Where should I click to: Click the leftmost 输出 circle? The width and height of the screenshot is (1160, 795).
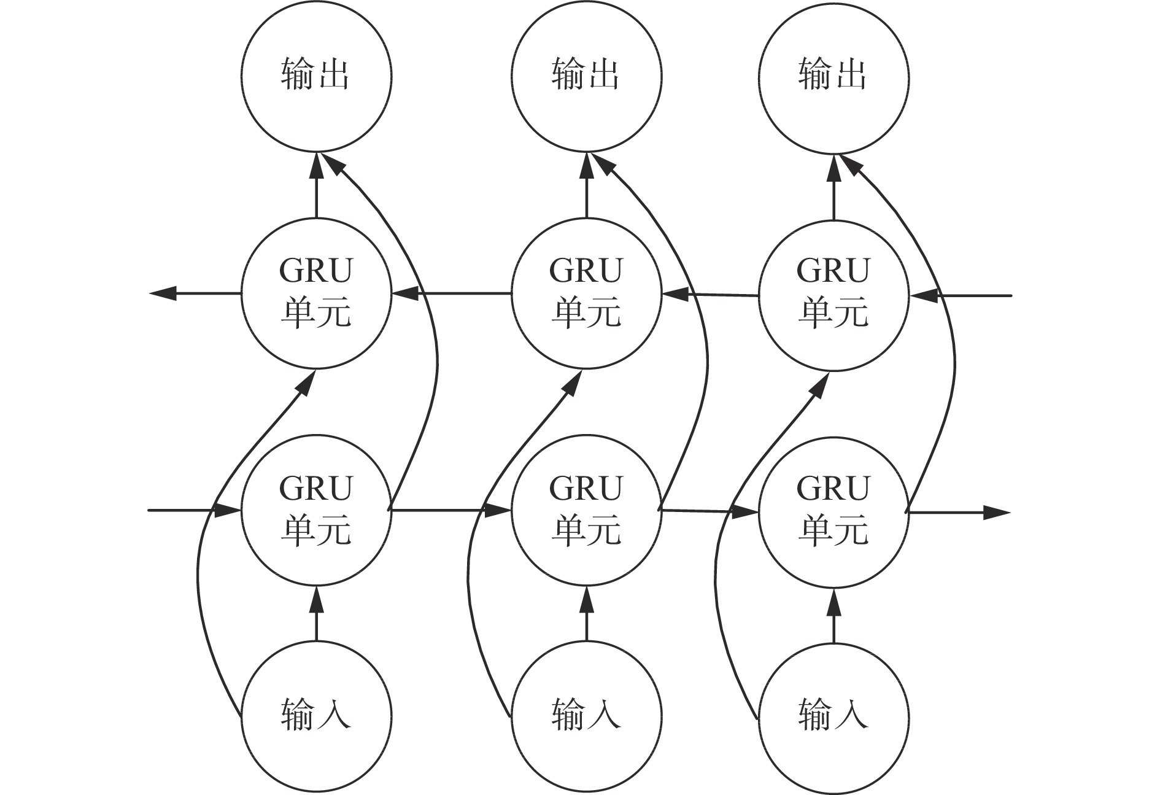click(316, 76)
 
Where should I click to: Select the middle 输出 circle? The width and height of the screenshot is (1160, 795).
click(586, 76)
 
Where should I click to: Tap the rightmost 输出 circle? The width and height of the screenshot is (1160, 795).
click(833, 77)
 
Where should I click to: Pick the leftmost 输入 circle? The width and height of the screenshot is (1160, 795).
click(316, 716)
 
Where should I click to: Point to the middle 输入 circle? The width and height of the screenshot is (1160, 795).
click(586, 716)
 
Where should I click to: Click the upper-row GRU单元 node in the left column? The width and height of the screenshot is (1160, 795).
click(316, 293)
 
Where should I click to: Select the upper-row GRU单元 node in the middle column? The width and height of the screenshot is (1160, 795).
click(586, 293)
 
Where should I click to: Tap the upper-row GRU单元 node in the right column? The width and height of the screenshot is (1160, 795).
click(833, 295)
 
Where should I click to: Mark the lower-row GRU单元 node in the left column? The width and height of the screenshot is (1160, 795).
click(316, 511)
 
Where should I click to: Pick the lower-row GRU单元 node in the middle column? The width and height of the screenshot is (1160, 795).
click(586, 511)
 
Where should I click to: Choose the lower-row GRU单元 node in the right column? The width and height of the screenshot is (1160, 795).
click(833, 512)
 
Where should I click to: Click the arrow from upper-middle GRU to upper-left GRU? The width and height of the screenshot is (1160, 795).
click(452, 294)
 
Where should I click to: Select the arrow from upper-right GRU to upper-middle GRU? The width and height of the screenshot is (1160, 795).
click(711, 295)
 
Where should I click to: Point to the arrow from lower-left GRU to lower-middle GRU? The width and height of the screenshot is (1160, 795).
click(452, 510)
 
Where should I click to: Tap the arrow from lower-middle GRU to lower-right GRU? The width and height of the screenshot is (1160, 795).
click(711, 511)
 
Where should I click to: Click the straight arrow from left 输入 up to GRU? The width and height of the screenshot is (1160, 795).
click(317, 614)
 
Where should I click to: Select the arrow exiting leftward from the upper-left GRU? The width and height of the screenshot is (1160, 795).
click(195, 293)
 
